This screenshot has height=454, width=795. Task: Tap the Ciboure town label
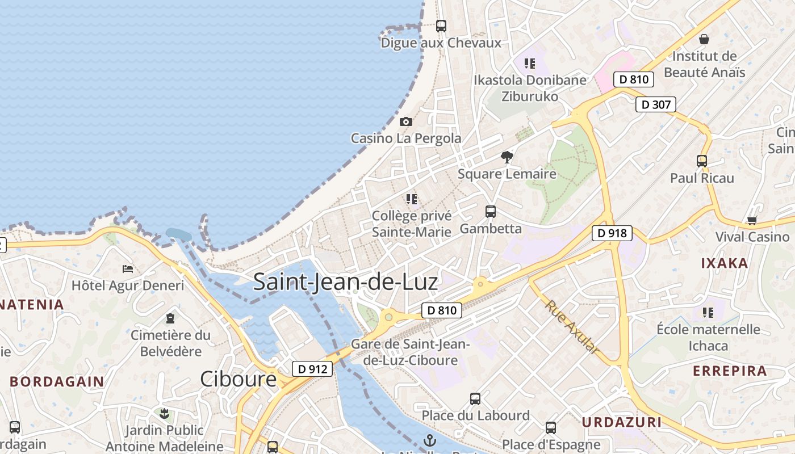(238, 379)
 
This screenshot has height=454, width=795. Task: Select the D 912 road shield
(312, 369)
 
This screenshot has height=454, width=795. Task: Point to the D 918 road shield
(612, 233)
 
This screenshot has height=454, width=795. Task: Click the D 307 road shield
(655, 104)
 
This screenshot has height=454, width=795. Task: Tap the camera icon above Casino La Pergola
(405, 121)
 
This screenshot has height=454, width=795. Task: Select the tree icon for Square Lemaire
(507, 157)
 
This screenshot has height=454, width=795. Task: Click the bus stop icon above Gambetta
(491, 212)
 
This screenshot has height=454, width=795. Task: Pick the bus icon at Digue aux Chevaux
(441, 26)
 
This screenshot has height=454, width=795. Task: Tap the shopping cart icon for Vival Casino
(752, 220)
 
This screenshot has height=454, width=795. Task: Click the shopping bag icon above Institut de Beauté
(704, 39)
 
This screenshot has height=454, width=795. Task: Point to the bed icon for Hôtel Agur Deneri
(128, 268)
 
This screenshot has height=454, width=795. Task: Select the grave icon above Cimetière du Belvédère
(170, 318)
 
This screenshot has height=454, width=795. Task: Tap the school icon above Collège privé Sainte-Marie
(412, 199)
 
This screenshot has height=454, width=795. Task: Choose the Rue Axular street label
(572, 327)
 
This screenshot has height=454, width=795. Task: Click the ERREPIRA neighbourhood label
(730, 371)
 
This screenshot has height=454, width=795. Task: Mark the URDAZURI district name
(622, 422)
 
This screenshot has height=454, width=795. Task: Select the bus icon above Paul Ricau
(702, 161)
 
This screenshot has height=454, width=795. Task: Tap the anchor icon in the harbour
(430, 440)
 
